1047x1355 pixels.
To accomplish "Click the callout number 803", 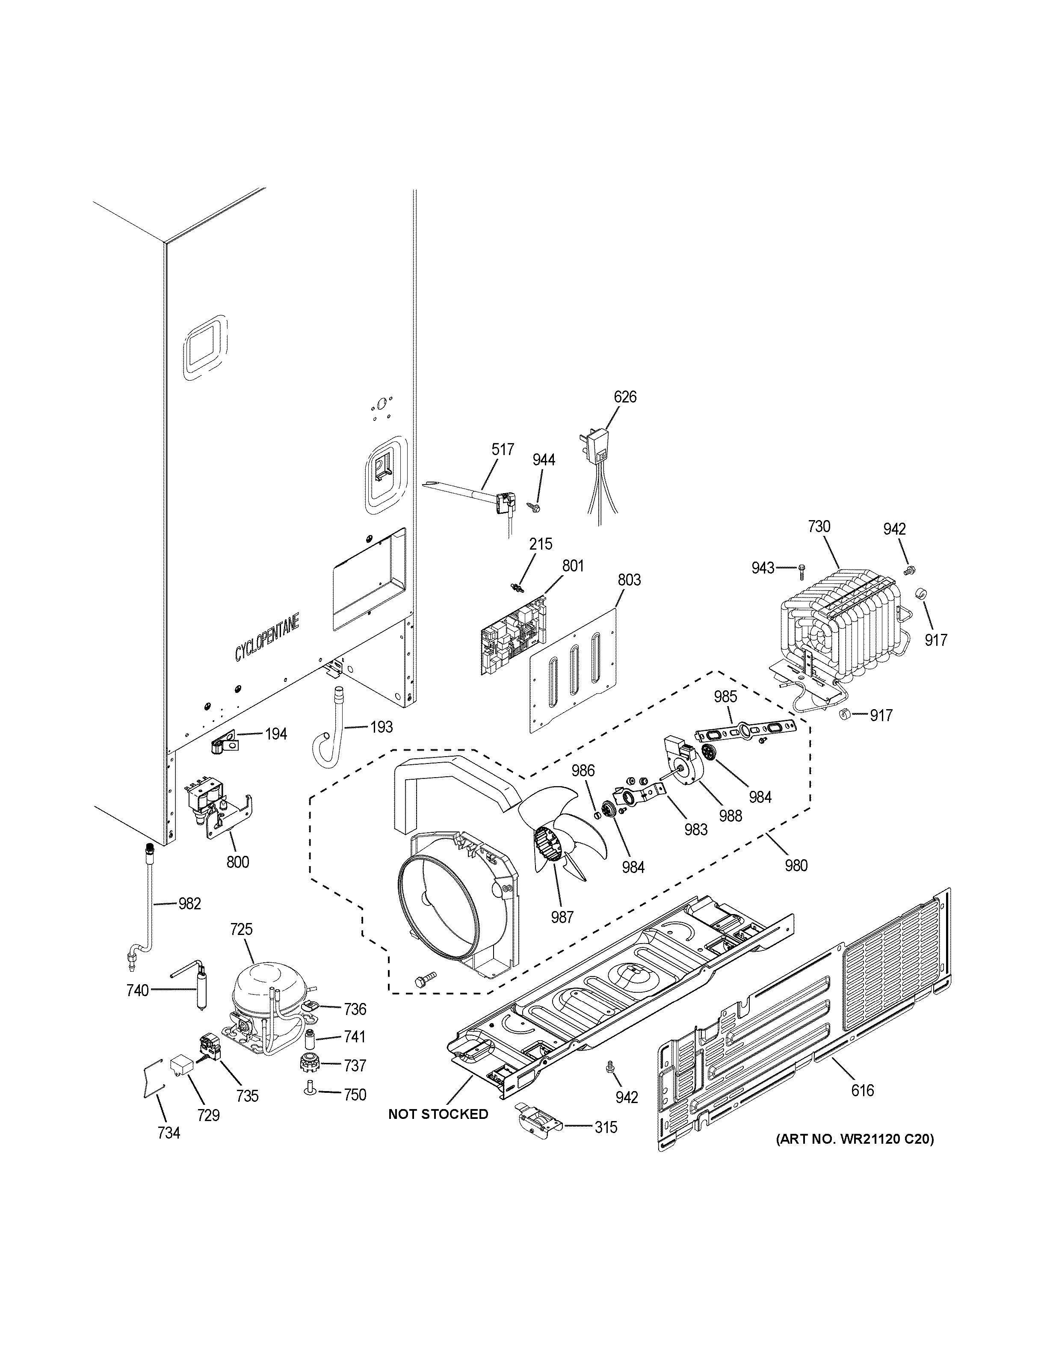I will tap(629, 580).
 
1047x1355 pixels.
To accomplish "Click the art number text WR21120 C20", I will tap(854, 1139).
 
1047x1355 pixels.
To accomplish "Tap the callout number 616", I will tap(862, 1090).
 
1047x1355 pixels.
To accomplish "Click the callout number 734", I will tap(168, 1133).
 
